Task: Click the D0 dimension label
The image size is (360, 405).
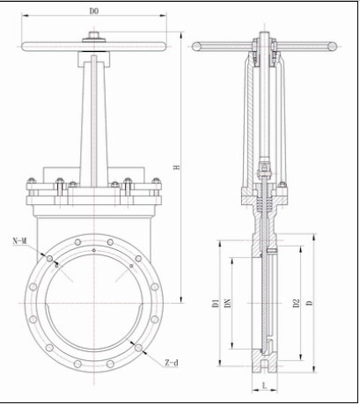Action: pyautogui.click(x=94, y=11)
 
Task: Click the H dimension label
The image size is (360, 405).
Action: pyautogui.click(x=176, y=167)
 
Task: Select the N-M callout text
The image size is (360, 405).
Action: pyautogui.click(x=20, y=241)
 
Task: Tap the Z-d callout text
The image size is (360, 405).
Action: pyautogui.click(x=172, y=363)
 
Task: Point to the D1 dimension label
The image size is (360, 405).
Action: pyautogui.click(x=216, y=303)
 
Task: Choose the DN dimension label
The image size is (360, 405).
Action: pyautogui.click(x=228, y=303)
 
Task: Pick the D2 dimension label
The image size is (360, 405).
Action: pyautogui.click(x=297, y=303)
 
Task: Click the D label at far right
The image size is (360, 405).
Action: pyautogui.click(x=310, y=303)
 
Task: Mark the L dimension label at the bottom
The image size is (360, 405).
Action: pyautogui.click(x=265, y=386)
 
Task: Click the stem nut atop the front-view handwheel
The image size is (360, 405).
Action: pyautogui.click(x=94, y=35)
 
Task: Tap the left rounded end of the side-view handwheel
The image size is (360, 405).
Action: pyautogui.click(x=197, y=47)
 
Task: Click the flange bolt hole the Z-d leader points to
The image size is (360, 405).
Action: pyautogui.click(x=138, y=348)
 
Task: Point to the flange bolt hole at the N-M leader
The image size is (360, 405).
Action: pyautogui.click(x=49, y=259)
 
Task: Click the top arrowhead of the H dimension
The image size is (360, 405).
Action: pyautogui.click(x=181, y=35)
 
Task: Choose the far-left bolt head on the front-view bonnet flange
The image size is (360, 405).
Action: pyautogui.click(x=32, y=180)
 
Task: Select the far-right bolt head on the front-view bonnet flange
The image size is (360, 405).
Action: pyautogui.click(x=156, y=180)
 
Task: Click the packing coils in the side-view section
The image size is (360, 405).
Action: pyautogui.click(x=265, y=203)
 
